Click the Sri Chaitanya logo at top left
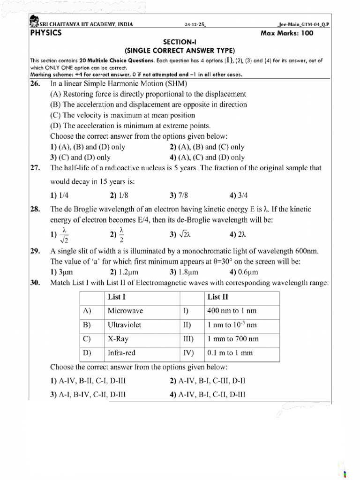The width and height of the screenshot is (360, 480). [x=33, y=21]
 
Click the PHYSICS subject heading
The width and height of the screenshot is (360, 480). [x=46, y=33]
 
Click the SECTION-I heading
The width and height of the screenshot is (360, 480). [x=180, y=42]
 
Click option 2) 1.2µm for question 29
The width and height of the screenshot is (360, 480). [x=124, y=272]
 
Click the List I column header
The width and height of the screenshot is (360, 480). [x=116, y=297]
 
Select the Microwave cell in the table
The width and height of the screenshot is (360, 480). [x=125, y=311]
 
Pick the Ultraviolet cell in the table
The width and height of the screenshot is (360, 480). [x=124, y=325]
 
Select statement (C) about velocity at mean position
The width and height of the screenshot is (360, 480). [x=122, y=115]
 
